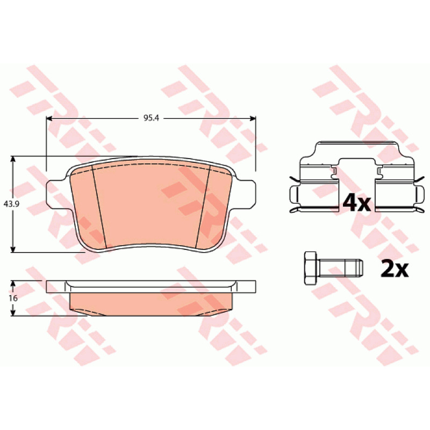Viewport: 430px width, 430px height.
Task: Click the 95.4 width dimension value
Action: point(152,118)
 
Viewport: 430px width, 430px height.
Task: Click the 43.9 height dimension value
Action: point(11,204)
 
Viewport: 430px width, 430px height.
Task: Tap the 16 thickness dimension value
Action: point(13,298)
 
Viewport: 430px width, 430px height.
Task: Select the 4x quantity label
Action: point(357,203)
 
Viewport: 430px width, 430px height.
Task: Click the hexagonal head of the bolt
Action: point(311,268)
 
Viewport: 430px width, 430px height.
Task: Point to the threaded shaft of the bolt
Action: point(340,268)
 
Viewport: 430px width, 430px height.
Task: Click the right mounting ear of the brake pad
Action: point(246,195)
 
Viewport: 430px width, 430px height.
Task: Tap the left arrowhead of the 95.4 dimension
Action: point(49,118)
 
